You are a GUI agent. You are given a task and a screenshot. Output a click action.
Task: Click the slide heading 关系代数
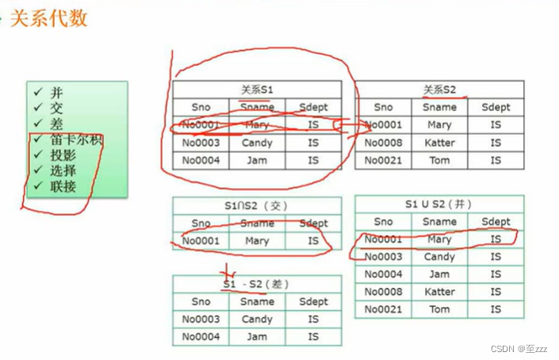pos(48,18)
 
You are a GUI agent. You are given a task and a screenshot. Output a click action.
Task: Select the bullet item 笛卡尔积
pos(77,140)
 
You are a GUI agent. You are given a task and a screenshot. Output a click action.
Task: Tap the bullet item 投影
pos(63,155)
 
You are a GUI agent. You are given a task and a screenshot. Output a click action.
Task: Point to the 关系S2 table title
pos(439,90)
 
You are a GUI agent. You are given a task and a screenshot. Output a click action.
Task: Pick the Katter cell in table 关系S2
pos(439,143)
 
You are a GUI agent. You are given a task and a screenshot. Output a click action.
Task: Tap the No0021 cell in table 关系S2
pos(383,160)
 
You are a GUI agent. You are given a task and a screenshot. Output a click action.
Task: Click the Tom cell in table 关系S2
pos(439,160)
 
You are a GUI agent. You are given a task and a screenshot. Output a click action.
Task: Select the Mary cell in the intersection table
pos(257,240)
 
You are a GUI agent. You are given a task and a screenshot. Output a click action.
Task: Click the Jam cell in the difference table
pos(257,336)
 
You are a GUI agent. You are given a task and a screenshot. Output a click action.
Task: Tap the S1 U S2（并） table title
pos(438,205)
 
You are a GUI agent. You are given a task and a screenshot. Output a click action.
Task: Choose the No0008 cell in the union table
pos(383,292)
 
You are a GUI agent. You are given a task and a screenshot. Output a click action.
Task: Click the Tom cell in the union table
pos(439,309)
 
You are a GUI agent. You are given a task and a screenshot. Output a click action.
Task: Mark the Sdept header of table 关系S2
pos(496,107)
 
